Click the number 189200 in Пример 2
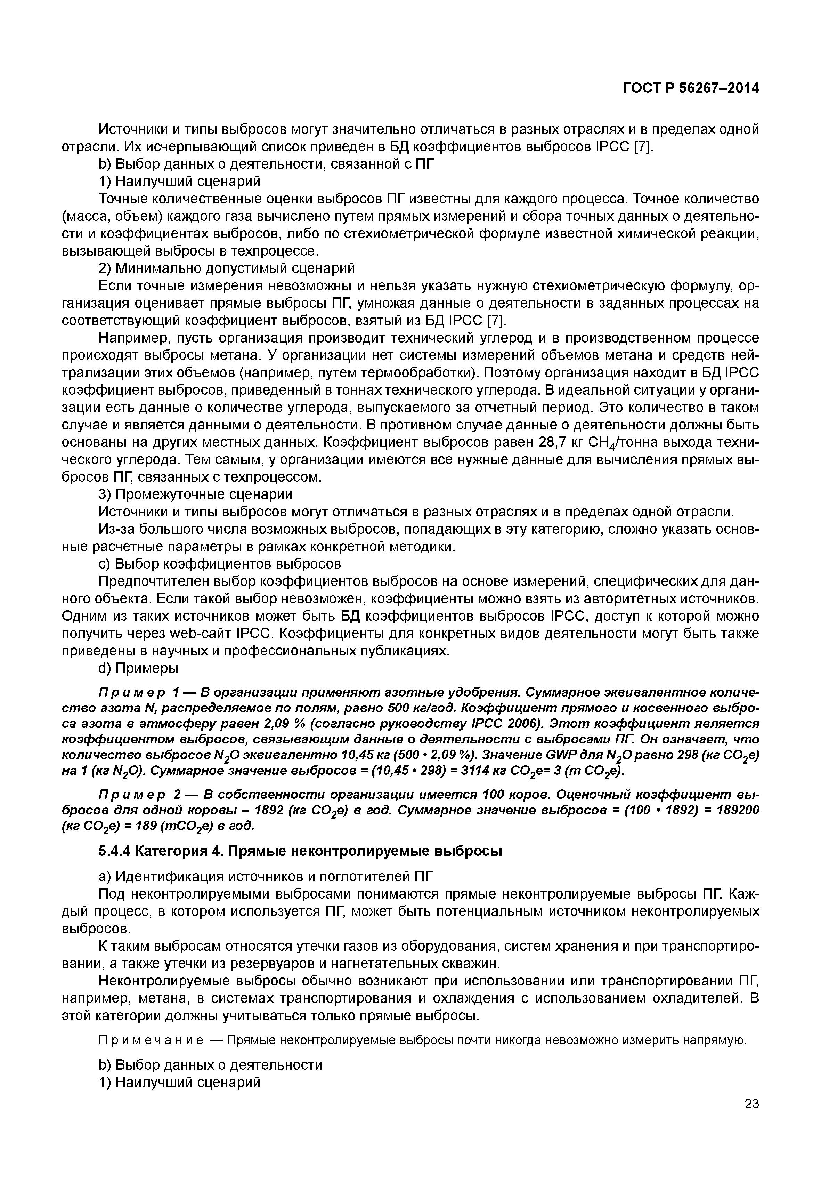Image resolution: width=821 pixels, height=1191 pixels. point(735,811)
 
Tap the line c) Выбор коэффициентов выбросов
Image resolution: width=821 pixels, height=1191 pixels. point(220,564)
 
